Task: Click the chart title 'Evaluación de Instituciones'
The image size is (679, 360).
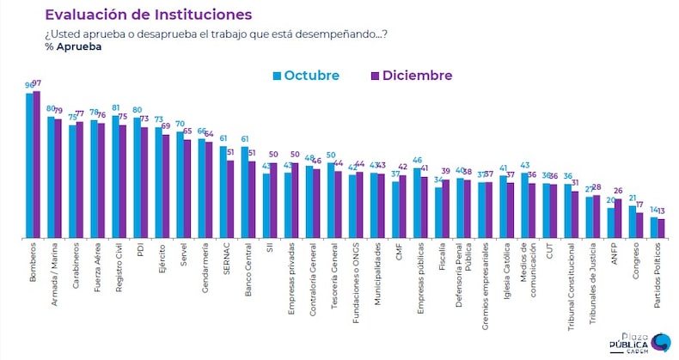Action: point(148,15)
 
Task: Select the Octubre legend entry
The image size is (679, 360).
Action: point(305,76)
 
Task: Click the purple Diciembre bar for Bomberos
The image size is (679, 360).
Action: point(36,163)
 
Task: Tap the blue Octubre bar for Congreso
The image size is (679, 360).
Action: point(632,222)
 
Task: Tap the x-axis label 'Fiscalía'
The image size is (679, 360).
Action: point(441,259)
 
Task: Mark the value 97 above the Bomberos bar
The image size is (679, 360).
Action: point(37,83)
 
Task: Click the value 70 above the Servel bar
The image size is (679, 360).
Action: point(180,124)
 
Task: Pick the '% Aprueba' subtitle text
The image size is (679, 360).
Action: point(72,46)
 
